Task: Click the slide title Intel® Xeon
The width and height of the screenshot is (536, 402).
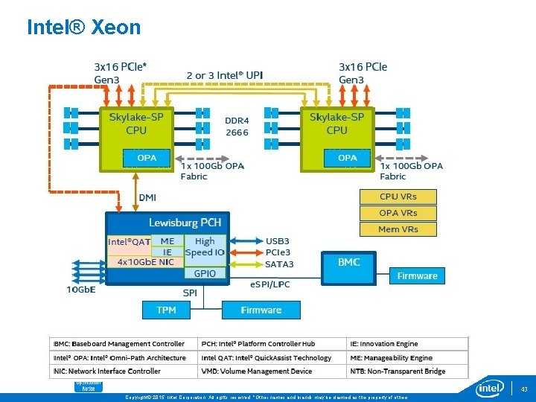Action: coord(83,28)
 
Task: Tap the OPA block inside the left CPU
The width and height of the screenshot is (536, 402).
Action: coord(147,158)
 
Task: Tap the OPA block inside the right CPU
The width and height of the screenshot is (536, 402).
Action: coord(347,158)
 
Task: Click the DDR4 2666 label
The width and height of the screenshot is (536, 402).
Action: coord(237,126)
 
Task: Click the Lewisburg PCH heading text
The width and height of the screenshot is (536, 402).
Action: coord(185,223)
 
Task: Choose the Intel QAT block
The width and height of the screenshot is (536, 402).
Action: coord(129,241)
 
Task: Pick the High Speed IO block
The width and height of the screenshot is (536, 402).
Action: coord(205,246)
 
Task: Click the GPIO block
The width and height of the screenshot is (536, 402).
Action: coord(205,273)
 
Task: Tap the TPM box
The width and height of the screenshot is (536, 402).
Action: coord(166,310)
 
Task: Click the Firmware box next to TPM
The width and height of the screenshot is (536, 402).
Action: coord(261,310)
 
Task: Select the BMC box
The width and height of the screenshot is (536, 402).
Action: coord(349,262)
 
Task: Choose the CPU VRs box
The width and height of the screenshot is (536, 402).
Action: coord(398,197)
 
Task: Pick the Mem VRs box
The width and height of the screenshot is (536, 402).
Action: coord(398,229)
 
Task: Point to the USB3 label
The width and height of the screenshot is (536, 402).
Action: coord(278,242)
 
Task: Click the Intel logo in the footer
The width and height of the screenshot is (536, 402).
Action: coord(490,388)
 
